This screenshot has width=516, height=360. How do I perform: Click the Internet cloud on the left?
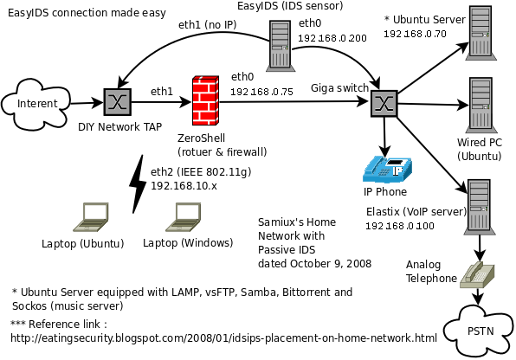coord(35,104)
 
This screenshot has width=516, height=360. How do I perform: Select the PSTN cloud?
coord(475,331)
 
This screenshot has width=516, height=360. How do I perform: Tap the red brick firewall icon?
coord(204,101)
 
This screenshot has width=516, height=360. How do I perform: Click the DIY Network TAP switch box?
coord(117,102)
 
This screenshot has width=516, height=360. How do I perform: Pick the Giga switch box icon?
coord(384,102)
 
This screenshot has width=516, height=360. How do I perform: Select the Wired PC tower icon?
coord(480,105)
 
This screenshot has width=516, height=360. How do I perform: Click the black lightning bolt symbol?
coord(137,183)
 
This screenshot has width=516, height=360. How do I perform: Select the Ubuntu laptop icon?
coord(88,217)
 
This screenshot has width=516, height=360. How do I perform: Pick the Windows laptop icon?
coord(184,217)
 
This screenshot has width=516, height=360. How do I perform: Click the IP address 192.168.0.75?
coord(262,92)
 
